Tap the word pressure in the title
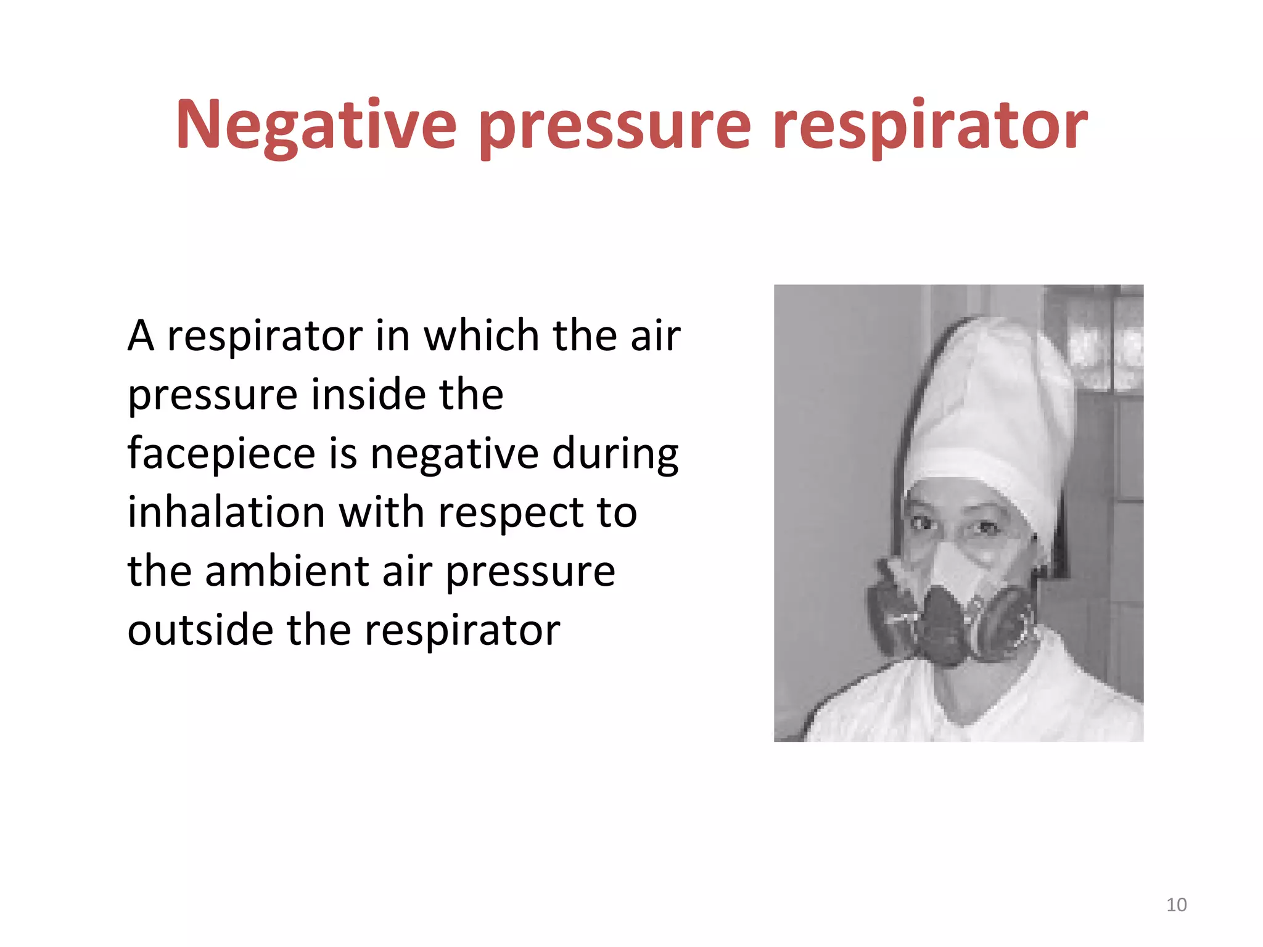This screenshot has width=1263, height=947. tap(615, 126)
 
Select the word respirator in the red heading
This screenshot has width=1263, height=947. tap(929, 126)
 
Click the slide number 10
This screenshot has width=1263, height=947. tap(1176, 904)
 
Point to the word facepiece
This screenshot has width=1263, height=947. tap(221, 454)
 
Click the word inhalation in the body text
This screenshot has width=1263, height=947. tap(226, 512)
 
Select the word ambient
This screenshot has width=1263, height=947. tap(286, 572)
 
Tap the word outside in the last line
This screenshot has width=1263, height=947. tap(200, 630)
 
